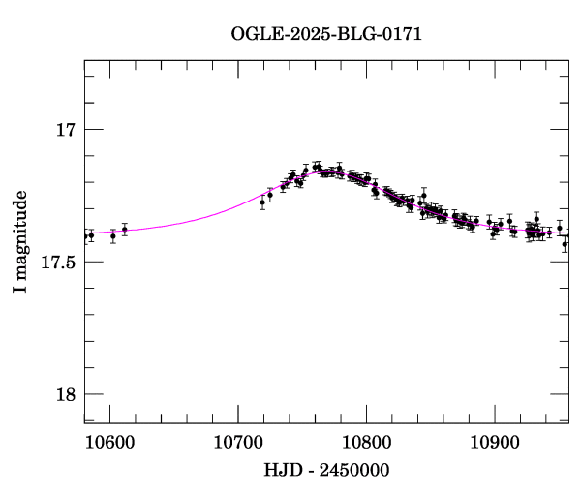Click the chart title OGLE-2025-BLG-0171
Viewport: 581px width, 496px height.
tap(326, 33)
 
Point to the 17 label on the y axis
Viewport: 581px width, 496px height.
tap(65, 130)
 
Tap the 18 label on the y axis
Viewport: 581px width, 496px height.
tap(65, 394)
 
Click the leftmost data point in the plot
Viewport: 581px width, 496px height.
tap(85, 235)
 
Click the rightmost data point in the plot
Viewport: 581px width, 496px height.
tap(565, 244)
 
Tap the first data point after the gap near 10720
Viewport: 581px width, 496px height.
tap(262, 202)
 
